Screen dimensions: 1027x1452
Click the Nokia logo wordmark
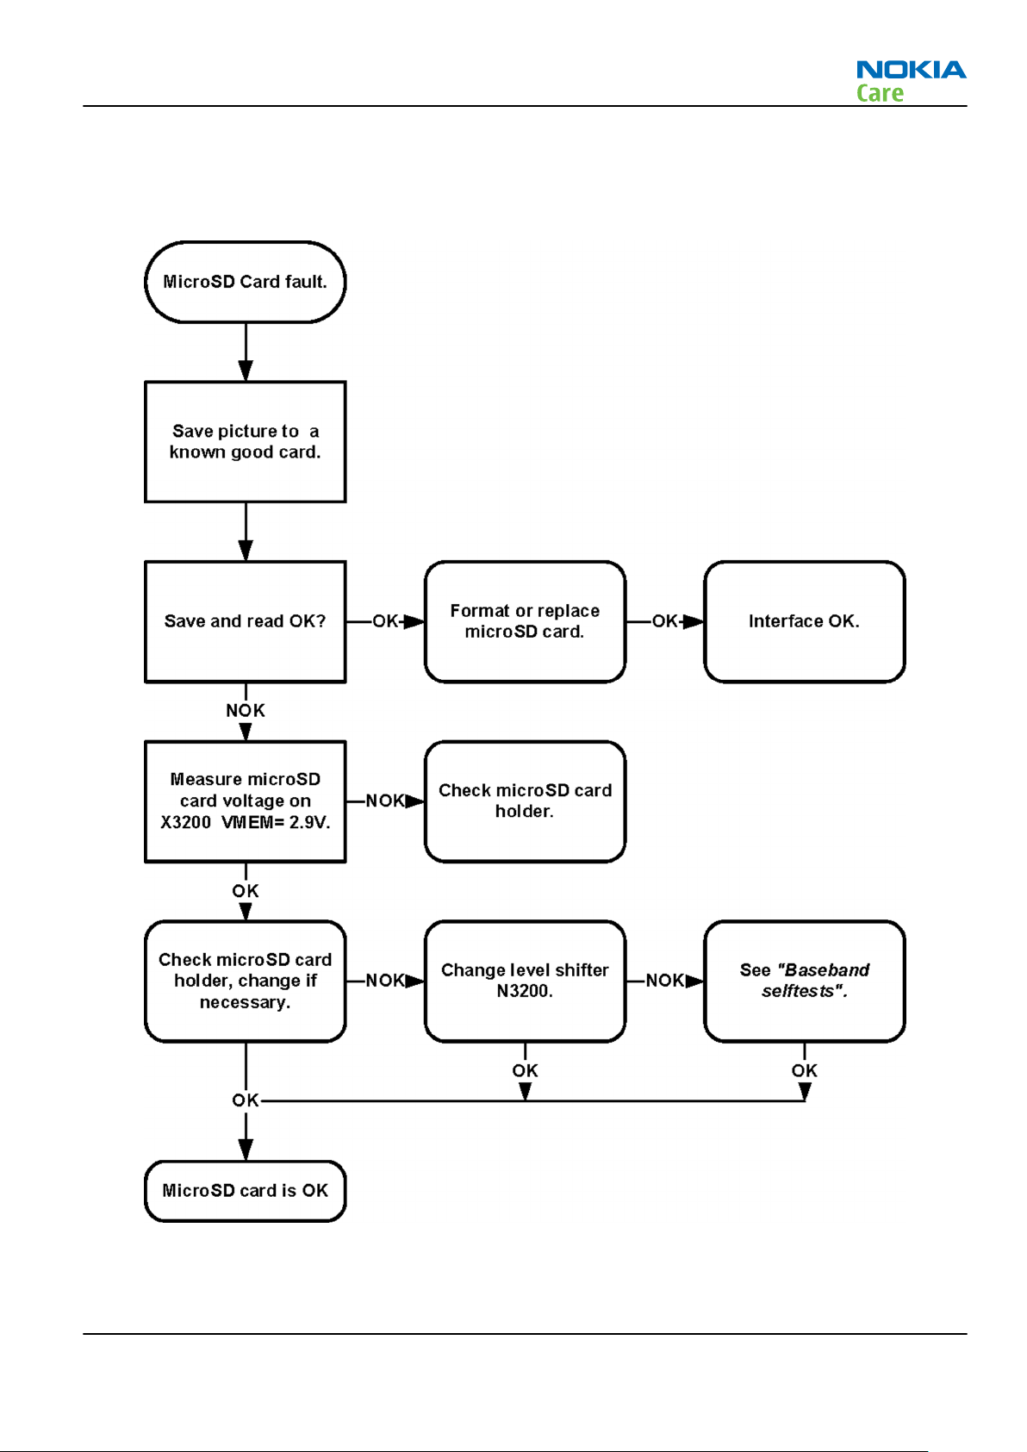pos(911,69)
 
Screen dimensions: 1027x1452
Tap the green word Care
pos(880,93)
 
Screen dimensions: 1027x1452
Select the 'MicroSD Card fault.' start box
pos(245,282)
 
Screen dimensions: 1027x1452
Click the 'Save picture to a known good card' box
pos(245,441)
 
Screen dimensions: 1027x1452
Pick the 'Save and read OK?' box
pos(245,621)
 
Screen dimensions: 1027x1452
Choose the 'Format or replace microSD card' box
pos(525,621)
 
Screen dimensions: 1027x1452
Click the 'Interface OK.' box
pos(804,621)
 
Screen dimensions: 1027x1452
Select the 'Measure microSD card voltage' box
pos(245,801)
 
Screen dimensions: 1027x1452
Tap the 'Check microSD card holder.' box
pos(525,801)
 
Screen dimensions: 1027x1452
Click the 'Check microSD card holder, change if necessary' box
pos(245,981)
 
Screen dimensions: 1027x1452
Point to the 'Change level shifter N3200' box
pos(525,981)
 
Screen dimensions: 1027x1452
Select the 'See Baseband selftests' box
pos(804,981)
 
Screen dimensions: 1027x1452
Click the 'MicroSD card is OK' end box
pos(245,1191)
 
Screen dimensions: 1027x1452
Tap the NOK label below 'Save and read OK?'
pos(245,710)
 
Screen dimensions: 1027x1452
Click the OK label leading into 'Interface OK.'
pos(665,621)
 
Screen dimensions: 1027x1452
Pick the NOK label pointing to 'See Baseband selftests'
pos(665,980)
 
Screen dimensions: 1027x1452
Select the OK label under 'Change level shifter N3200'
pos(525,1070)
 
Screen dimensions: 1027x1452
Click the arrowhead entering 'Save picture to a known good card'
pos(246,371)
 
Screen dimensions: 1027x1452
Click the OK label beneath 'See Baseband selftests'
pos(804,1070)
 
